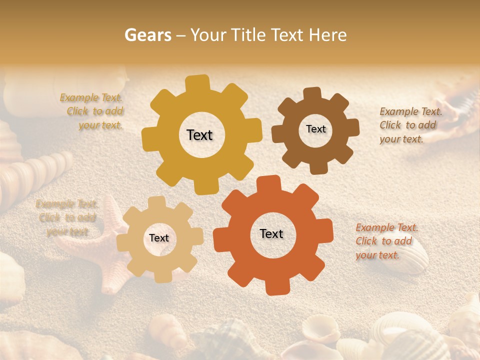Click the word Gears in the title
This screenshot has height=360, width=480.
tap(148, 35)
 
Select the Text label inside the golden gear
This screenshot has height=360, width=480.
tap(199, 135)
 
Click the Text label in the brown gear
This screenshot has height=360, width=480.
tap(315, 129)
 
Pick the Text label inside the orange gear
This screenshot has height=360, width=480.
tap(271, 233)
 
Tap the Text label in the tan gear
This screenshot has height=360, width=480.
tap(159, 238)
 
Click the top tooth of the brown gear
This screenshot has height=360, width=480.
tap(312, 93)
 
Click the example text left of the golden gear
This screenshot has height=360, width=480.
tap(91, 111)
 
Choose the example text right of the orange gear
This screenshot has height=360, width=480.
tap(386, 241)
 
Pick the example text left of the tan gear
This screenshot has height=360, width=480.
tap(66, 217)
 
